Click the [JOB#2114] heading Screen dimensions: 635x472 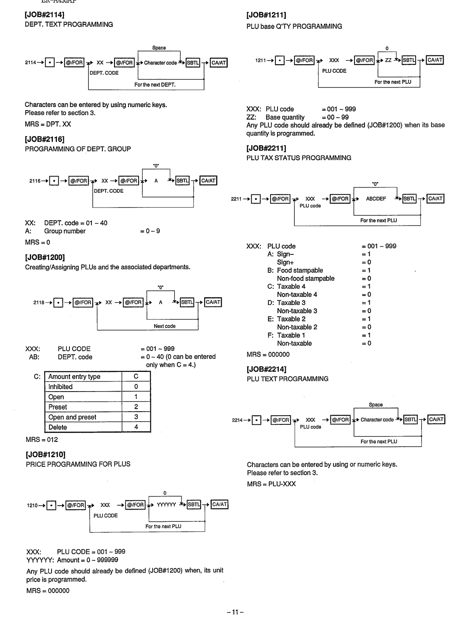click(45, 15)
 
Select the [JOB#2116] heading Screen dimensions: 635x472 click(45, 139)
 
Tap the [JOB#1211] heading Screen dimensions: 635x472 click(266, 15)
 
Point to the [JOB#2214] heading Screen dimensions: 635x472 click(267, 369)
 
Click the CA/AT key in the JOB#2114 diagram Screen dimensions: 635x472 click(219, 63)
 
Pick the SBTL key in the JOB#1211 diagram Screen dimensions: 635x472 click(409, 60)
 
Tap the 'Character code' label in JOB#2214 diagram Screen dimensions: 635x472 click(377, 420)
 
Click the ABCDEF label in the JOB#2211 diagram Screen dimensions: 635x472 click(376, 199)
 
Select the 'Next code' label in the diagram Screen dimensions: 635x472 click(165, 326)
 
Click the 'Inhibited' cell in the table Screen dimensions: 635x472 click(61, 387)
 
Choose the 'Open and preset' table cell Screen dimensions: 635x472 click(72, 417)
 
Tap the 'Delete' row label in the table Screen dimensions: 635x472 click(58, 427)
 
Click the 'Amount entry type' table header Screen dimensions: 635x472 click(74, 377)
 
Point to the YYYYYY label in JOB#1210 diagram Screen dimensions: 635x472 click(166, 505)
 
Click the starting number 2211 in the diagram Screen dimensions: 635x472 click(236, 199)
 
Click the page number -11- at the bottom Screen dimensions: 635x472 click(235, 612)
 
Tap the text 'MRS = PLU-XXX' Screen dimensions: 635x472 click(271, 484)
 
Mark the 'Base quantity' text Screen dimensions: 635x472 click(285, 117)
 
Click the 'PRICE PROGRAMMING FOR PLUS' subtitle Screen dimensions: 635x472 click(78, 464)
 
